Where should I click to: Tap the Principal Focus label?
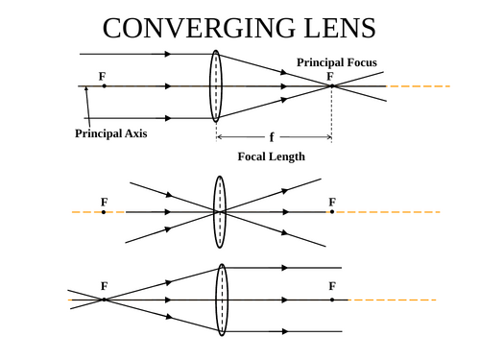point(337,62)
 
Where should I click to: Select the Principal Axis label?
point(111,133)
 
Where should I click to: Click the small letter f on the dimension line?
point(272,137)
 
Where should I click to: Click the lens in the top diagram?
point(217,86)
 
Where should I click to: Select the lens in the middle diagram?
point(220,211)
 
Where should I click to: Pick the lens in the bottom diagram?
point(222,300)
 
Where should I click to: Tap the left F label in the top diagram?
point(103,75)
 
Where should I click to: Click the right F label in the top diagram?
point(330,75)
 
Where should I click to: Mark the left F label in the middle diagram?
point(104,202)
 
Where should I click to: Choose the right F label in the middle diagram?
point(332,202)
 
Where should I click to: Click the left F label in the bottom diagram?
point(104,286)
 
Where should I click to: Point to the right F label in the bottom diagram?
point(332,286)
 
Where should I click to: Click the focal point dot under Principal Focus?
point(331,86)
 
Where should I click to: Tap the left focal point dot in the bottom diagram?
point(104,300)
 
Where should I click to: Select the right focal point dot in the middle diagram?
point(332,211)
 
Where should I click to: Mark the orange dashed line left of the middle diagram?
point(84,211)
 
